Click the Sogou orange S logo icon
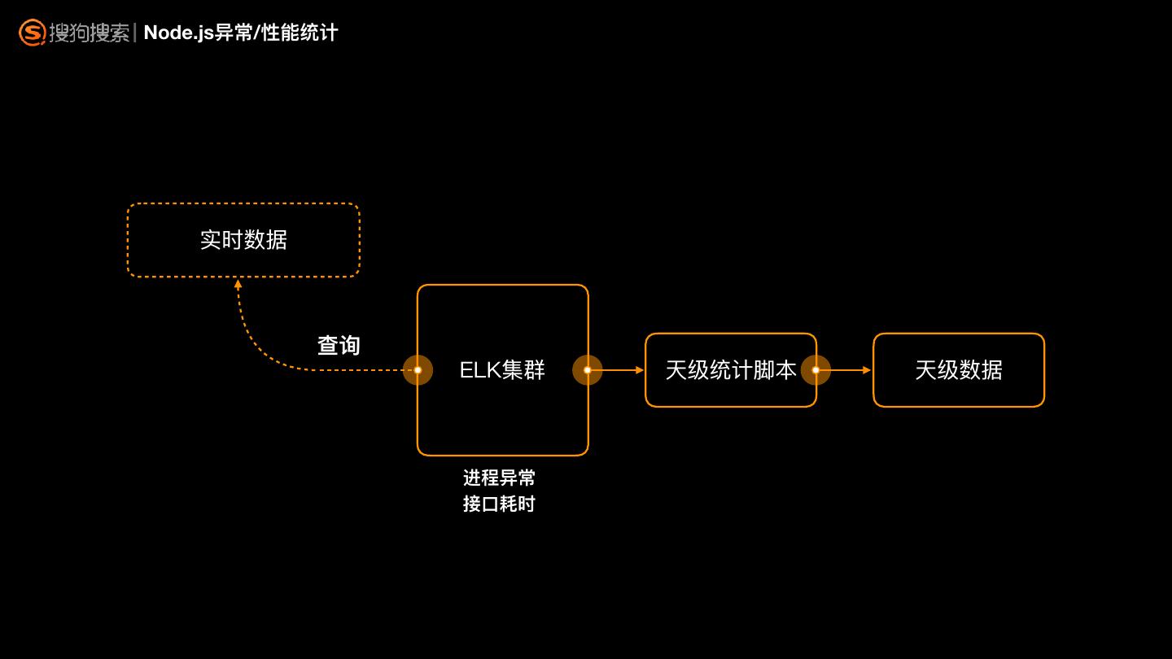click(x=32, y=33)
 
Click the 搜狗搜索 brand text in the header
click(x=90, y=33)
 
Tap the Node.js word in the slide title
click(x=179, y=33)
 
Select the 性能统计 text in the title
click(x=300, y=33)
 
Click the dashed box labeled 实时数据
click(x=243, y=240)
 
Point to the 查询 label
click(x=339, y=346)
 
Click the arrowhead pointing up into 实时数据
click(x=238, y=285)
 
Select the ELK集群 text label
click(x=502, y=370)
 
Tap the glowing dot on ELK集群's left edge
click(x=418, y=370)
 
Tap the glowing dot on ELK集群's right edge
click(x=588, y=370)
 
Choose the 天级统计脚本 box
click(x=730, y=370)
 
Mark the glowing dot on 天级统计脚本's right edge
click(x=816, y=370)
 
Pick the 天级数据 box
click(x=959, y=370)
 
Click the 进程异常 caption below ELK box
click(x=499, y=478)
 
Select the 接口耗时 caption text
click(x=499, y=504)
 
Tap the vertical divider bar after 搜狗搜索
click(x=135, y=33)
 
